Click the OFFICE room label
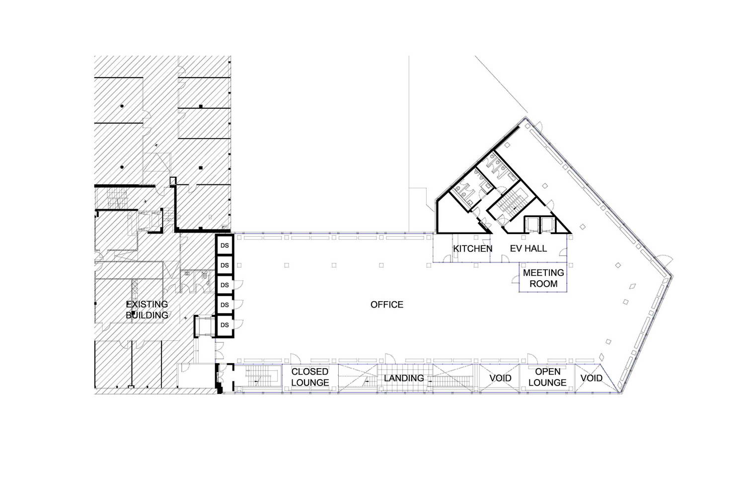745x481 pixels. (x=387, y=305)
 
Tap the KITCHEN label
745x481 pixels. (x=473, y=249)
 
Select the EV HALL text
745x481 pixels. (x=528, y=248)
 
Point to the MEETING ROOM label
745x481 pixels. (x=543, y=278)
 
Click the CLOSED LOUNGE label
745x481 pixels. (x=310, y=377)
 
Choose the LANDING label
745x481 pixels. (x=404, y=378)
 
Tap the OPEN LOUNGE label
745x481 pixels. (x=547, y=377)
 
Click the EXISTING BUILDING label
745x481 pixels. (x=147, y=310)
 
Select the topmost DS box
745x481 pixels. (x=224, y=245)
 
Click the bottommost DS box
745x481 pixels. (x=224, y=325)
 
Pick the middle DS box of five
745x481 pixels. (x=224, y=285)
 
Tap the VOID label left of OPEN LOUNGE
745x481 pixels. (x=500, y=378)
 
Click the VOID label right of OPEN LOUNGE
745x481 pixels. (x=592, y=378)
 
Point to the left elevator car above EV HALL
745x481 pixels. (x=531, y=225)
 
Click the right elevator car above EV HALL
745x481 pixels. (x=547, y=225)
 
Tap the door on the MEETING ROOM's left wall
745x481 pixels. (x=516, y=280)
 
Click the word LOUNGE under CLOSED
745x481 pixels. (x=310, y=383)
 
